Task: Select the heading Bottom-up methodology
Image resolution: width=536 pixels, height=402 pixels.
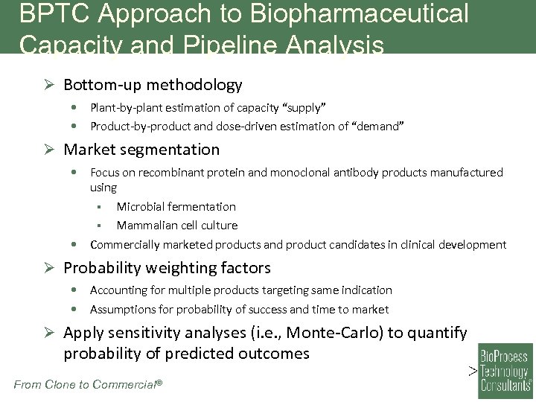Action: pos(153,85)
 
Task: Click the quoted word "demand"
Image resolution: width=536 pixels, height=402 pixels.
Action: pos(379,126)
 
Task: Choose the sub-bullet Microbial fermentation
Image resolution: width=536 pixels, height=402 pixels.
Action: pos(176,206)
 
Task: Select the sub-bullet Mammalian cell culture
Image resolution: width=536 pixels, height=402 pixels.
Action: pos(176,225)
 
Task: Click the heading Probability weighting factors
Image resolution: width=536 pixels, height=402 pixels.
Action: pos(167,267)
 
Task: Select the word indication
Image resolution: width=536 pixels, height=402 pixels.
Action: pos(366,290)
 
